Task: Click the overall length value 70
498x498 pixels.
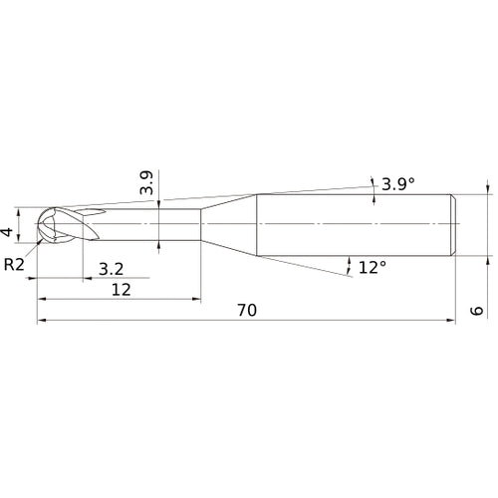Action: [x=248, y=311]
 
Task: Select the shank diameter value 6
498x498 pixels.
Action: [x=478, y=311]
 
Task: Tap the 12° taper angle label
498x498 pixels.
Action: [x=371, y=268]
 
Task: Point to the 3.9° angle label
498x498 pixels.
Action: [x=396, y=183]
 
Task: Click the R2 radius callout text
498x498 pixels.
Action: [x=14, y=264]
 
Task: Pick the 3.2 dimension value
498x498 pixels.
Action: [x=113, y=268]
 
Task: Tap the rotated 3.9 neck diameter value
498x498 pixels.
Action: [x=146, y=183]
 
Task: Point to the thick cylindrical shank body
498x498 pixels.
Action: [x=354, y=224]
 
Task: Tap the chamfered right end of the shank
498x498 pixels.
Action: [x=454, y=224]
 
